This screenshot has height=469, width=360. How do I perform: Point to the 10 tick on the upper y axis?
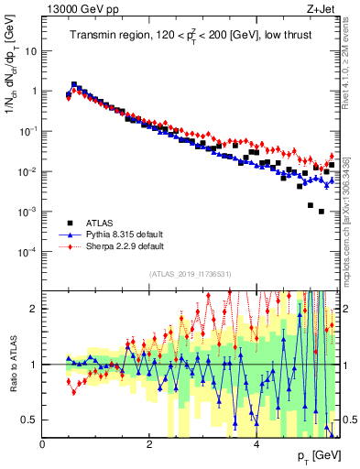[33, 51]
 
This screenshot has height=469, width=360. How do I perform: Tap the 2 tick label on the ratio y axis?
[35, 309]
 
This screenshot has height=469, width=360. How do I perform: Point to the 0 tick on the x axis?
[43, 444]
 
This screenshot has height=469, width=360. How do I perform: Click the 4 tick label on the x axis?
[256, 444]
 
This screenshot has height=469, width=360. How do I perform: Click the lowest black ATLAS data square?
[321, 212]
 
